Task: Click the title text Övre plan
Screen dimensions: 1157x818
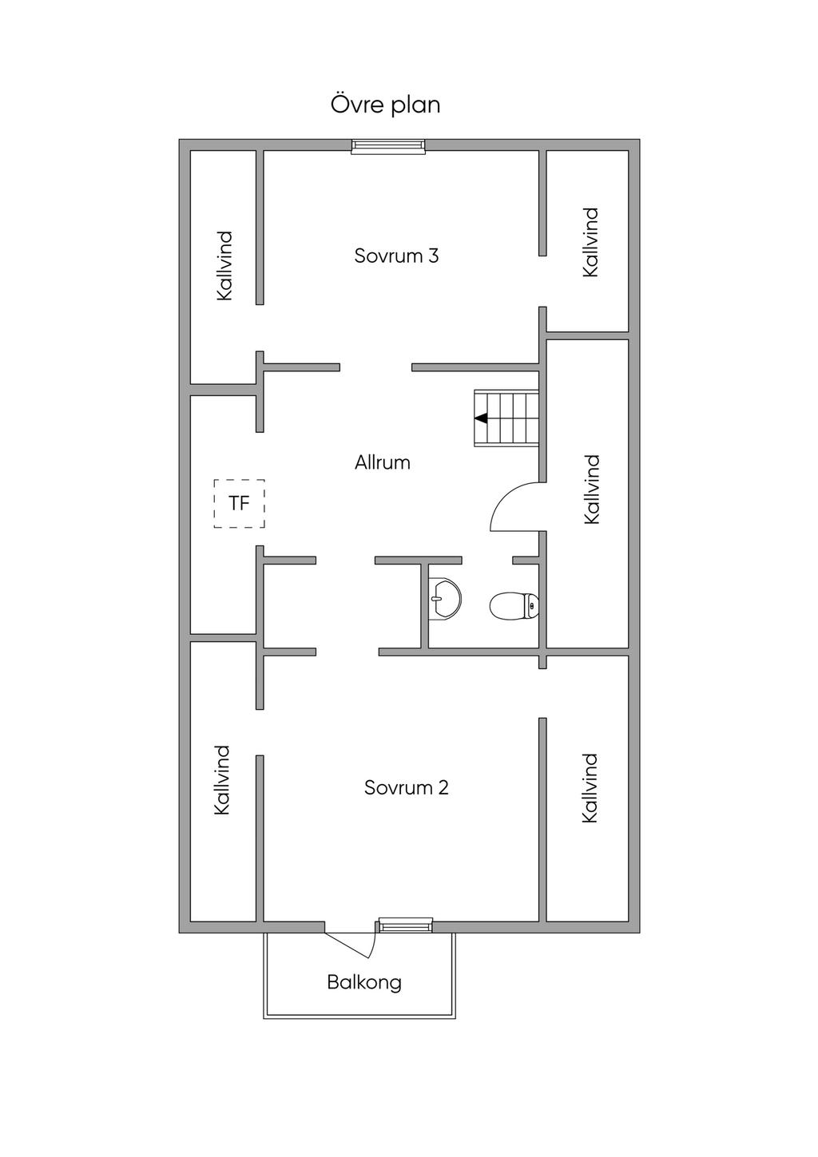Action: [385, 105]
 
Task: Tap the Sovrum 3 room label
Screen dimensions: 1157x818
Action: [396, 256]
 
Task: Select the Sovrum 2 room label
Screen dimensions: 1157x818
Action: [406, 787]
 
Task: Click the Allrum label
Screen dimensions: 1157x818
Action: [382, 462]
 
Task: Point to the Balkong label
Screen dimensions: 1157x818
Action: [363, 982]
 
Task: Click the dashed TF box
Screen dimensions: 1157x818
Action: [239, 503]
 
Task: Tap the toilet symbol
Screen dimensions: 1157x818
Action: [513, 606]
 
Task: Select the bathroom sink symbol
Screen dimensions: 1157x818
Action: [443, 597]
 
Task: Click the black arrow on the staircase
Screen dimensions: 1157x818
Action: [481, 418]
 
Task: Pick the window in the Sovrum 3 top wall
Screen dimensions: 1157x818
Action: [388, 145]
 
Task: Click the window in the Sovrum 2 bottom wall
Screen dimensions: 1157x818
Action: [405, 925]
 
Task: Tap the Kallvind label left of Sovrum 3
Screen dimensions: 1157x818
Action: [224, 265]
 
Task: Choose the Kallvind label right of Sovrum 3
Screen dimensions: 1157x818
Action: [590, 242]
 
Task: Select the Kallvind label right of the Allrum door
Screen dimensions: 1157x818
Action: [591, 489]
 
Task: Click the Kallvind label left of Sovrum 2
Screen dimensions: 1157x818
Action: [222, 780]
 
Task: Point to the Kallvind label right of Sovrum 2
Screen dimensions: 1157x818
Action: [590, 787]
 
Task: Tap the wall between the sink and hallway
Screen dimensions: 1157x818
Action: [423, 604]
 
